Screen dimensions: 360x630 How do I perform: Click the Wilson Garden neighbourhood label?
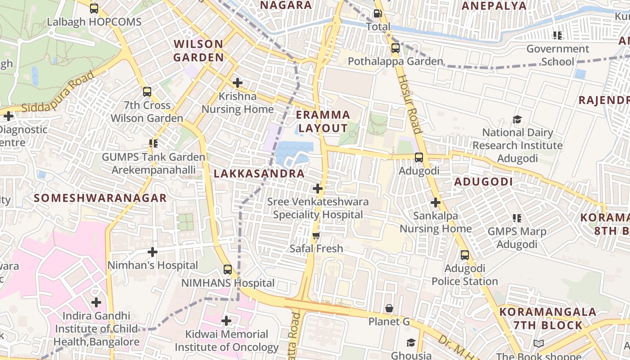pos(198,50)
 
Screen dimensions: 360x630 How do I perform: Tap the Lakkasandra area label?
pos(259,174)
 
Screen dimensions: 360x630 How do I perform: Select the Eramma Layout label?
pos(323,121)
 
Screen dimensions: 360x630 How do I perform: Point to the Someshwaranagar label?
pos(100,198)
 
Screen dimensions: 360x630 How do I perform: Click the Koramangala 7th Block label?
pos(548,318)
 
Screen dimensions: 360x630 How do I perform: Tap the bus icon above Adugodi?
pos(419,157)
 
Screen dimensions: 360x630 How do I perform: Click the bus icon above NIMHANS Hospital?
pos(228,270)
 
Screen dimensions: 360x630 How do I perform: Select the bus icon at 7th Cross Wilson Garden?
pos(147,92)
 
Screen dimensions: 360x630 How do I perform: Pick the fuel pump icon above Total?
pos(378,13)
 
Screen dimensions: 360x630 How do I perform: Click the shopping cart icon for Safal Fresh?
pos(316,235)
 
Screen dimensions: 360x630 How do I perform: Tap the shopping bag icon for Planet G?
pos(389,308)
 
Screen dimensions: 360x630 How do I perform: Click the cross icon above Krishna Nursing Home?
pos(238,83)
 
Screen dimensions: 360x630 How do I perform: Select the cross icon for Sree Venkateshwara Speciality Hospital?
pos(318,188)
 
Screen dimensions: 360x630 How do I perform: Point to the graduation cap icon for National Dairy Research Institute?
pos(517,119)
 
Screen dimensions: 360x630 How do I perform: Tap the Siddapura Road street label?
pos(58,92)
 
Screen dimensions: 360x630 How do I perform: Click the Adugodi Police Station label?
pos(464,275)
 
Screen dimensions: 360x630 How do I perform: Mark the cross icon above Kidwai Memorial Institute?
pos(226,321)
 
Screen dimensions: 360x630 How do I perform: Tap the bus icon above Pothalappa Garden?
pos(396,48)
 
